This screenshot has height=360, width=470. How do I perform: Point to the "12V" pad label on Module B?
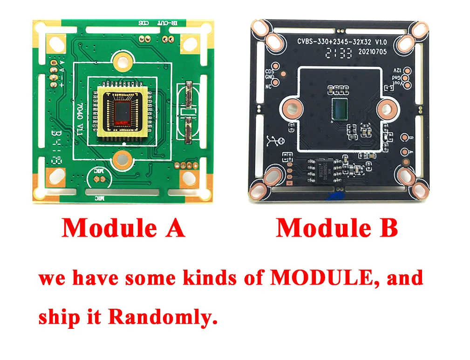pyautogui.click(x=396, y=70)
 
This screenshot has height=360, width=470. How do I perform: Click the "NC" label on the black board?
pyautogui.click(x=268, y=87)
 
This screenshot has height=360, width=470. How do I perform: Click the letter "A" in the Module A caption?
pyautogui.click(x=174, y=228)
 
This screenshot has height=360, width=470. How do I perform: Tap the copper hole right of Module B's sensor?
pyautogui.click(x=386, y=109)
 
